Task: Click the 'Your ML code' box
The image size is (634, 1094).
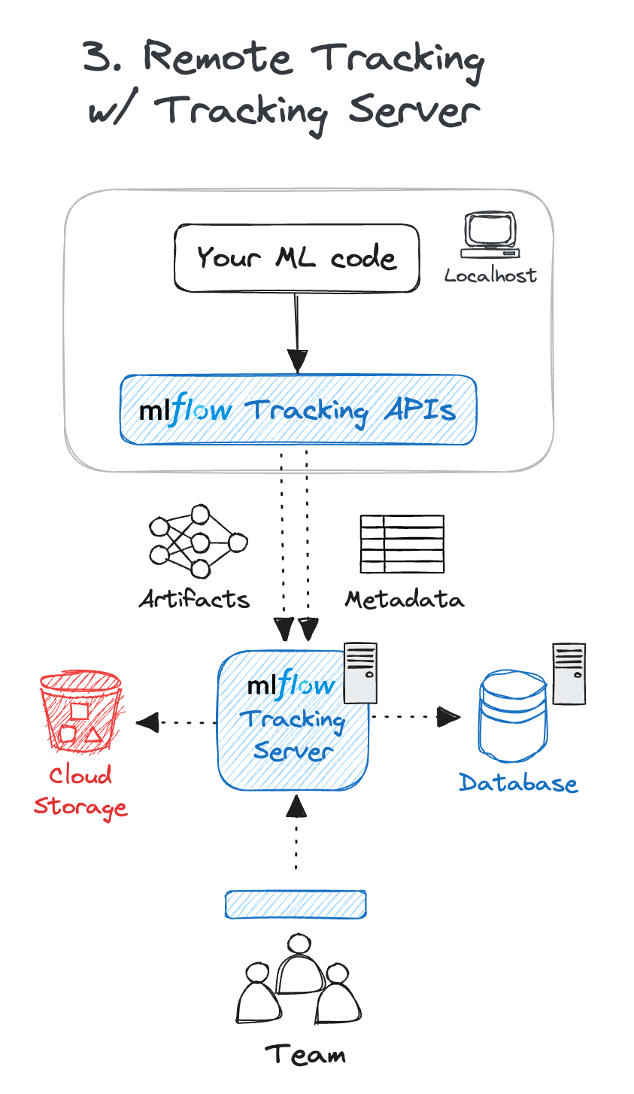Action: point(296,257)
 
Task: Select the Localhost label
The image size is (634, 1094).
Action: point(490,275)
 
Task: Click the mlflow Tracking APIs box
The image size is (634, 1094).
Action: point(298,409)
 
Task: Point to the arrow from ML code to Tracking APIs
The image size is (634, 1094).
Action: point(298,331)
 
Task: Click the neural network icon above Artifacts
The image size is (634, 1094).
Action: point(198,542)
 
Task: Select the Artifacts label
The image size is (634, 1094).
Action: point(194,599)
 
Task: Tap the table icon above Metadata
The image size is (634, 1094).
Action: point(402,544)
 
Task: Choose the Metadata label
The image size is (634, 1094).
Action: point(405,599)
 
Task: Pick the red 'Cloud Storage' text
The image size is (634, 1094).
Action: point(80,792)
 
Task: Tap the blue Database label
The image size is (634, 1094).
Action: point(518,783)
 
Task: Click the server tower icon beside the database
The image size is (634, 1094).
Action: point(569,673)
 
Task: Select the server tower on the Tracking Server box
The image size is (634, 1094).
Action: point(360,673)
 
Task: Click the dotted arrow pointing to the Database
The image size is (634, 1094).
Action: point(414,717)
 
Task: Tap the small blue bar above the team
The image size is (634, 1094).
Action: point(296,904)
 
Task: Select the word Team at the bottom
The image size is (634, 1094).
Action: point(305,1054)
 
